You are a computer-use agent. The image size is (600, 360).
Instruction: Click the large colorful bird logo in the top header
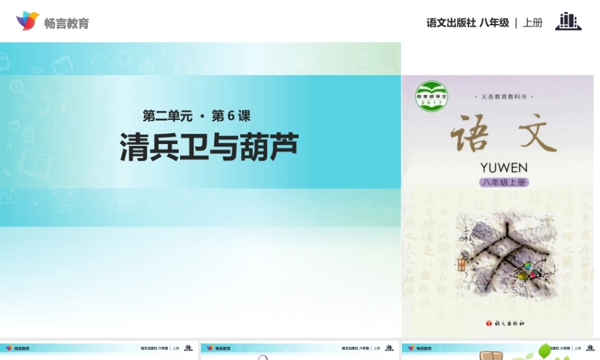pyautogui.click(x=27, y=21)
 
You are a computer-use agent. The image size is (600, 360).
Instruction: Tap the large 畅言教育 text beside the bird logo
pyautogui.click(x=67, y=23)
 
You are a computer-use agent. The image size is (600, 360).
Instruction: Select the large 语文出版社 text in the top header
pyautogui.click(x=451, y=23)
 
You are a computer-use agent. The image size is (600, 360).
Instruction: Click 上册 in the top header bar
pyautogui.click(x=533, y=23)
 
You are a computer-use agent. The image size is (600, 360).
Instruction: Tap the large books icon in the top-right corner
pyautogui.click(x=568, y=21)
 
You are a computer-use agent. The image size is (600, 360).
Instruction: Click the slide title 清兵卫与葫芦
pyautogui.click(x=209, y=147)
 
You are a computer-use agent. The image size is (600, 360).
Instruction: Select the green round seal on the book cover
pyautogui.click(x=431, y=96)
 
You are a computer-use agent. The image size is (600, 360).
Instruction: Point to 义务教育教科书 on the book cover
pyautogui.click(x=503, y=97)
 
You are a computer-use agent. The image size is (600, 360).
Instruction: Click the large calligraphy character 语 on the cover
pyautogui.click(x=469, y=134)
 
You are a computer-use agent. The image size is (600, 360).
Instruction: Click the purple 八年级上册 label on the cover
pyautogui.click(x=503, y=182)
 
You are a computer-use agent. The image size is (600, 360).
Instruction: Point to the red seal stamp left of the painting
pyautogui.click(x=461, y=265)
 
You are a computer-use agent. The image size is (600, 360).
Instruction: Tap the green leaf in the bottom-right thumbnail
pyautogui.click(x=544, y=350)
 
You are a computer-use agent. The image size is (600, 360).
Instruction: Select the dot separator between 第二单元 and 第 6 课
pyautogui.click(x=201, y=116)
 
